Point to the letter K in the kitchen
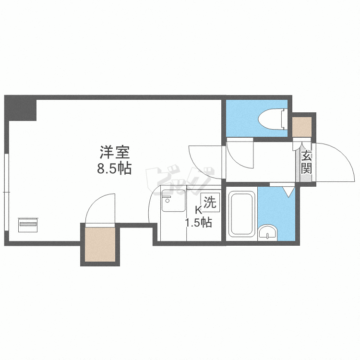(x=198, y=210)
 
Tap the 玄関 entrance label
(x=306, y=162)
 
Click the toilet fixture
(x=272, y=118)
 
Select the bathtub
(x=241, y=214)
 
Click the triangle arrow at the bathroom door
(x=288, y=192)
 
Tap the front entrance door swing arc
(x=334, y=161)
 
